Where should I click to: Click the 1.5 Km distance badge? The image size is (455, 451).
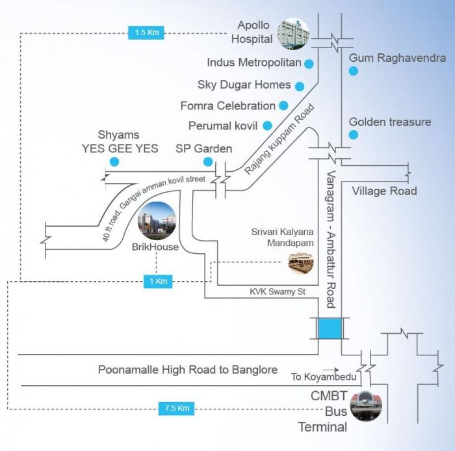[x=146, y=31]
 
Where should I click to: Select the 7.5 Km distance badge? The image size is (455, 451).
[x=175, y=408]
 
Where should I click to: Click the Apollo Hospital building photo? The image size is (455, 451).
[x=293, y=34]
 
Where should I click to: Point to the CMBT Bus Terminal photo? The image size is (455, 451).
[x=366, y=405]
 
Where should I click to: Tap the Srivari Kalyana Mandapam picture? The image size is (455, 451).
[x=301, y=262]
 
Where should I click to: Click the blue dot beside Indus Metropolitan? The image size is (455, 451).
[x=309, y=64]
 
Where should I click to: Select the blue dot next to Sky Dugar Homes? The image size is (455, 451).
[x=300, y=85]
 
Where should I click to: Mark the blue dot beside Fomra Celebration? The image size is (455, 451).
[x=283, y=105]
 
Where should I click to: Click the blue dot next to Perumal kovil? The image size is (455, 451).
[x=266, y=125]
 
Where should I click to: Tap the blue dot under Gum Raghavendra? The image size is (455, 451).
[x=353, y=71]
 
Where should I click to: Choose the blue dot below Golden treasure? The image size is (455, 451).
[x=353, y=135]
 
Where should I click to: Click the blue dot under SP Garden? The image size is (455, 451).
[x=207, y=161]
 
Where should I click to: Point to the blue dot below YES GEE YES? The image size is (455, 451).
[x=114, y=161]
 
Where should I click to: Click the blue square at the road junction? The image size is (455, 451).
[x=330, y=328]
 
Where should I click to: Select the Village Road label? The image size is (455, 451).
[x=383, y=191]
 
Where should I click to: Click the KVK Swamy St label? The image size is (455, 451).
[x=277, y=292]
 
